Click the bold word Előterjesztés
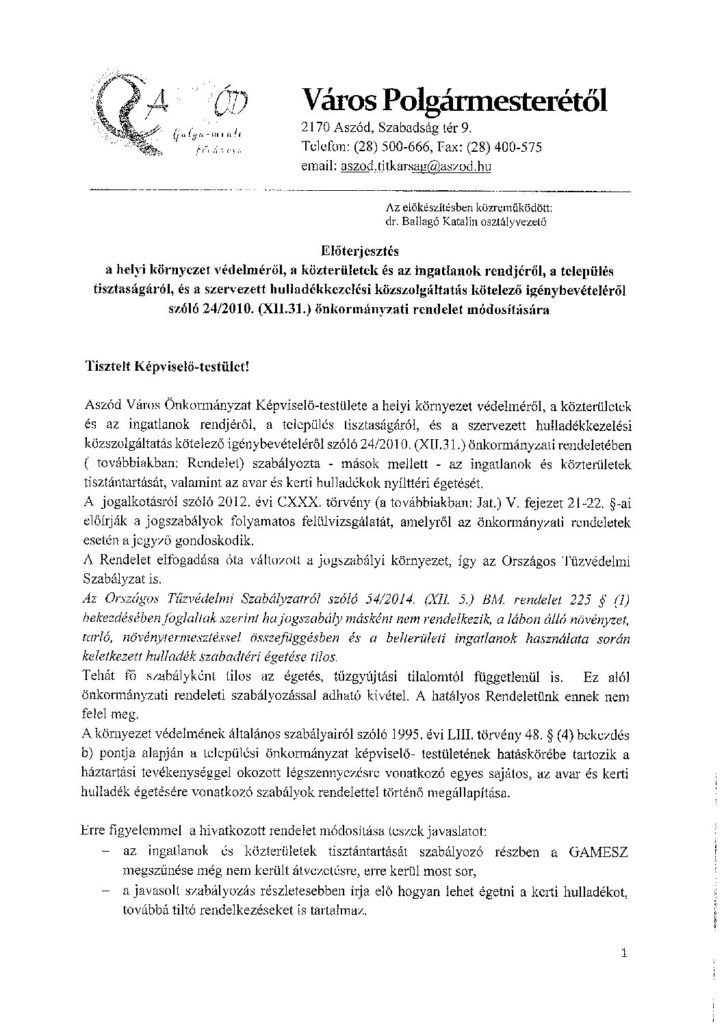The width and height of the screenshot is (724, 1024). pyautogui.click(x=363, y=252)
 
